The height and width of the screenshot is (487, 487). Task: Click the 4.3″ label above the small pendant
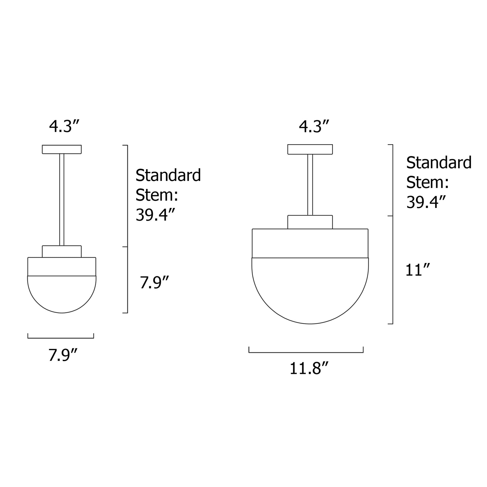(64, 126)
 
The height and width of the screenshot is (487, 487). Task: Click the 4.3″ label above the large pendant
(314, 126)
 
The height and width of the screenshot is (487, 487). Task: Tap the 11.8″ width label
(309, 369)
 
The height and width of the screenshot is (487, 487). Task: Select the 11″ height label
(417, 270)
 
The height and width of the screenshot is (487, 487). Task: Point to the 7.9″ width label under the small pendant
(63, 355)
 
